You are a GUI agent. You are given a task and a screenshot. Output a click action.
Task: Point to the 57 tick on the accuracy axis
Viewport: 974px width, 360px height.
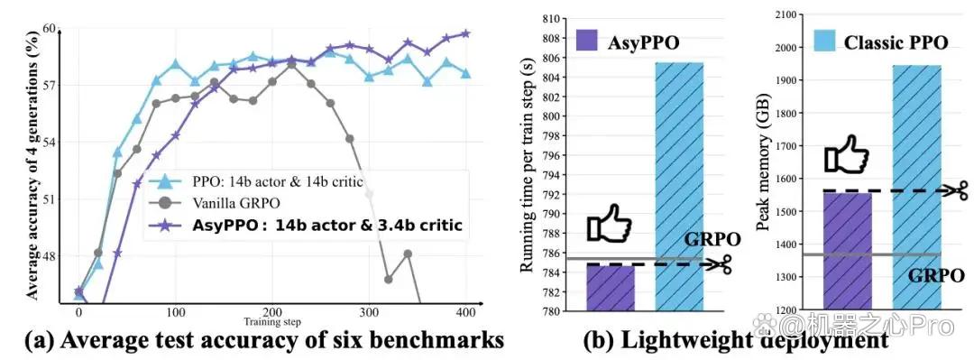click(x=49, y=85)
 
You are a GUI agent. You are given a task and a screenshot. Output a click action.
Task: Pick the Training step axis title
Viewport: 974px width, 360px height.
click(x=272, y=321)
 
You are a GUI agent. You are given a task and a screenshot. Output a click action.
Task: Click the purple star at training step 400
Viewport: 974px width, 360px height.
click(x=465, y=33)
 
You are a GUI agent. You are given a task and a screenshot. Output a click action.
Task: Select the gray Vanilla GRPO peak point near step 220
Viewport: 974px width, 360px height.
click(x=292, y=63)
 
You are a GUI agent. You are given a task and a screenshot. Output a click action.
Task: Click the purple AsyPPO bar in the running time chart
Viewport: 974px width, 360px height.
click(x=611, y=289)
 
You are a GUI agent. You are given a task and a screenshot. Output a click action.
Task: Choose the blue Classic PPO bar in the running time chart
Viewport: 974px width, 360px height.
click(x=680, y=187)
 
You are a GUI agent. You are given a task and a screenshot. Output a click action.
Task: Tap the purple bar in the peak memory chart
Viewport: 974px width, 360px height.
click(x=847, y=251)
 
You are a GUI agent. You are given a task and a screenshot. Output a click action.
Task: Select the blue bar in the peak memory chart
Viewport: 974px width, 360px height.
click(x=916, y=187)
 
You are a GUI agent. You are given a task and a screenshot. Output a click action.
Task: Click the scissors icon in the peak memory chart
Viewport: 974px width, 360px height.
click(x=954, y=190)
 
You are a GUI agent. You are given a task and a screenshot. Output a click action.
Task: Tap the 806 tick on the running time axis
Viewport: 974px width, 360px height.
click(x=552, y=58)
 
